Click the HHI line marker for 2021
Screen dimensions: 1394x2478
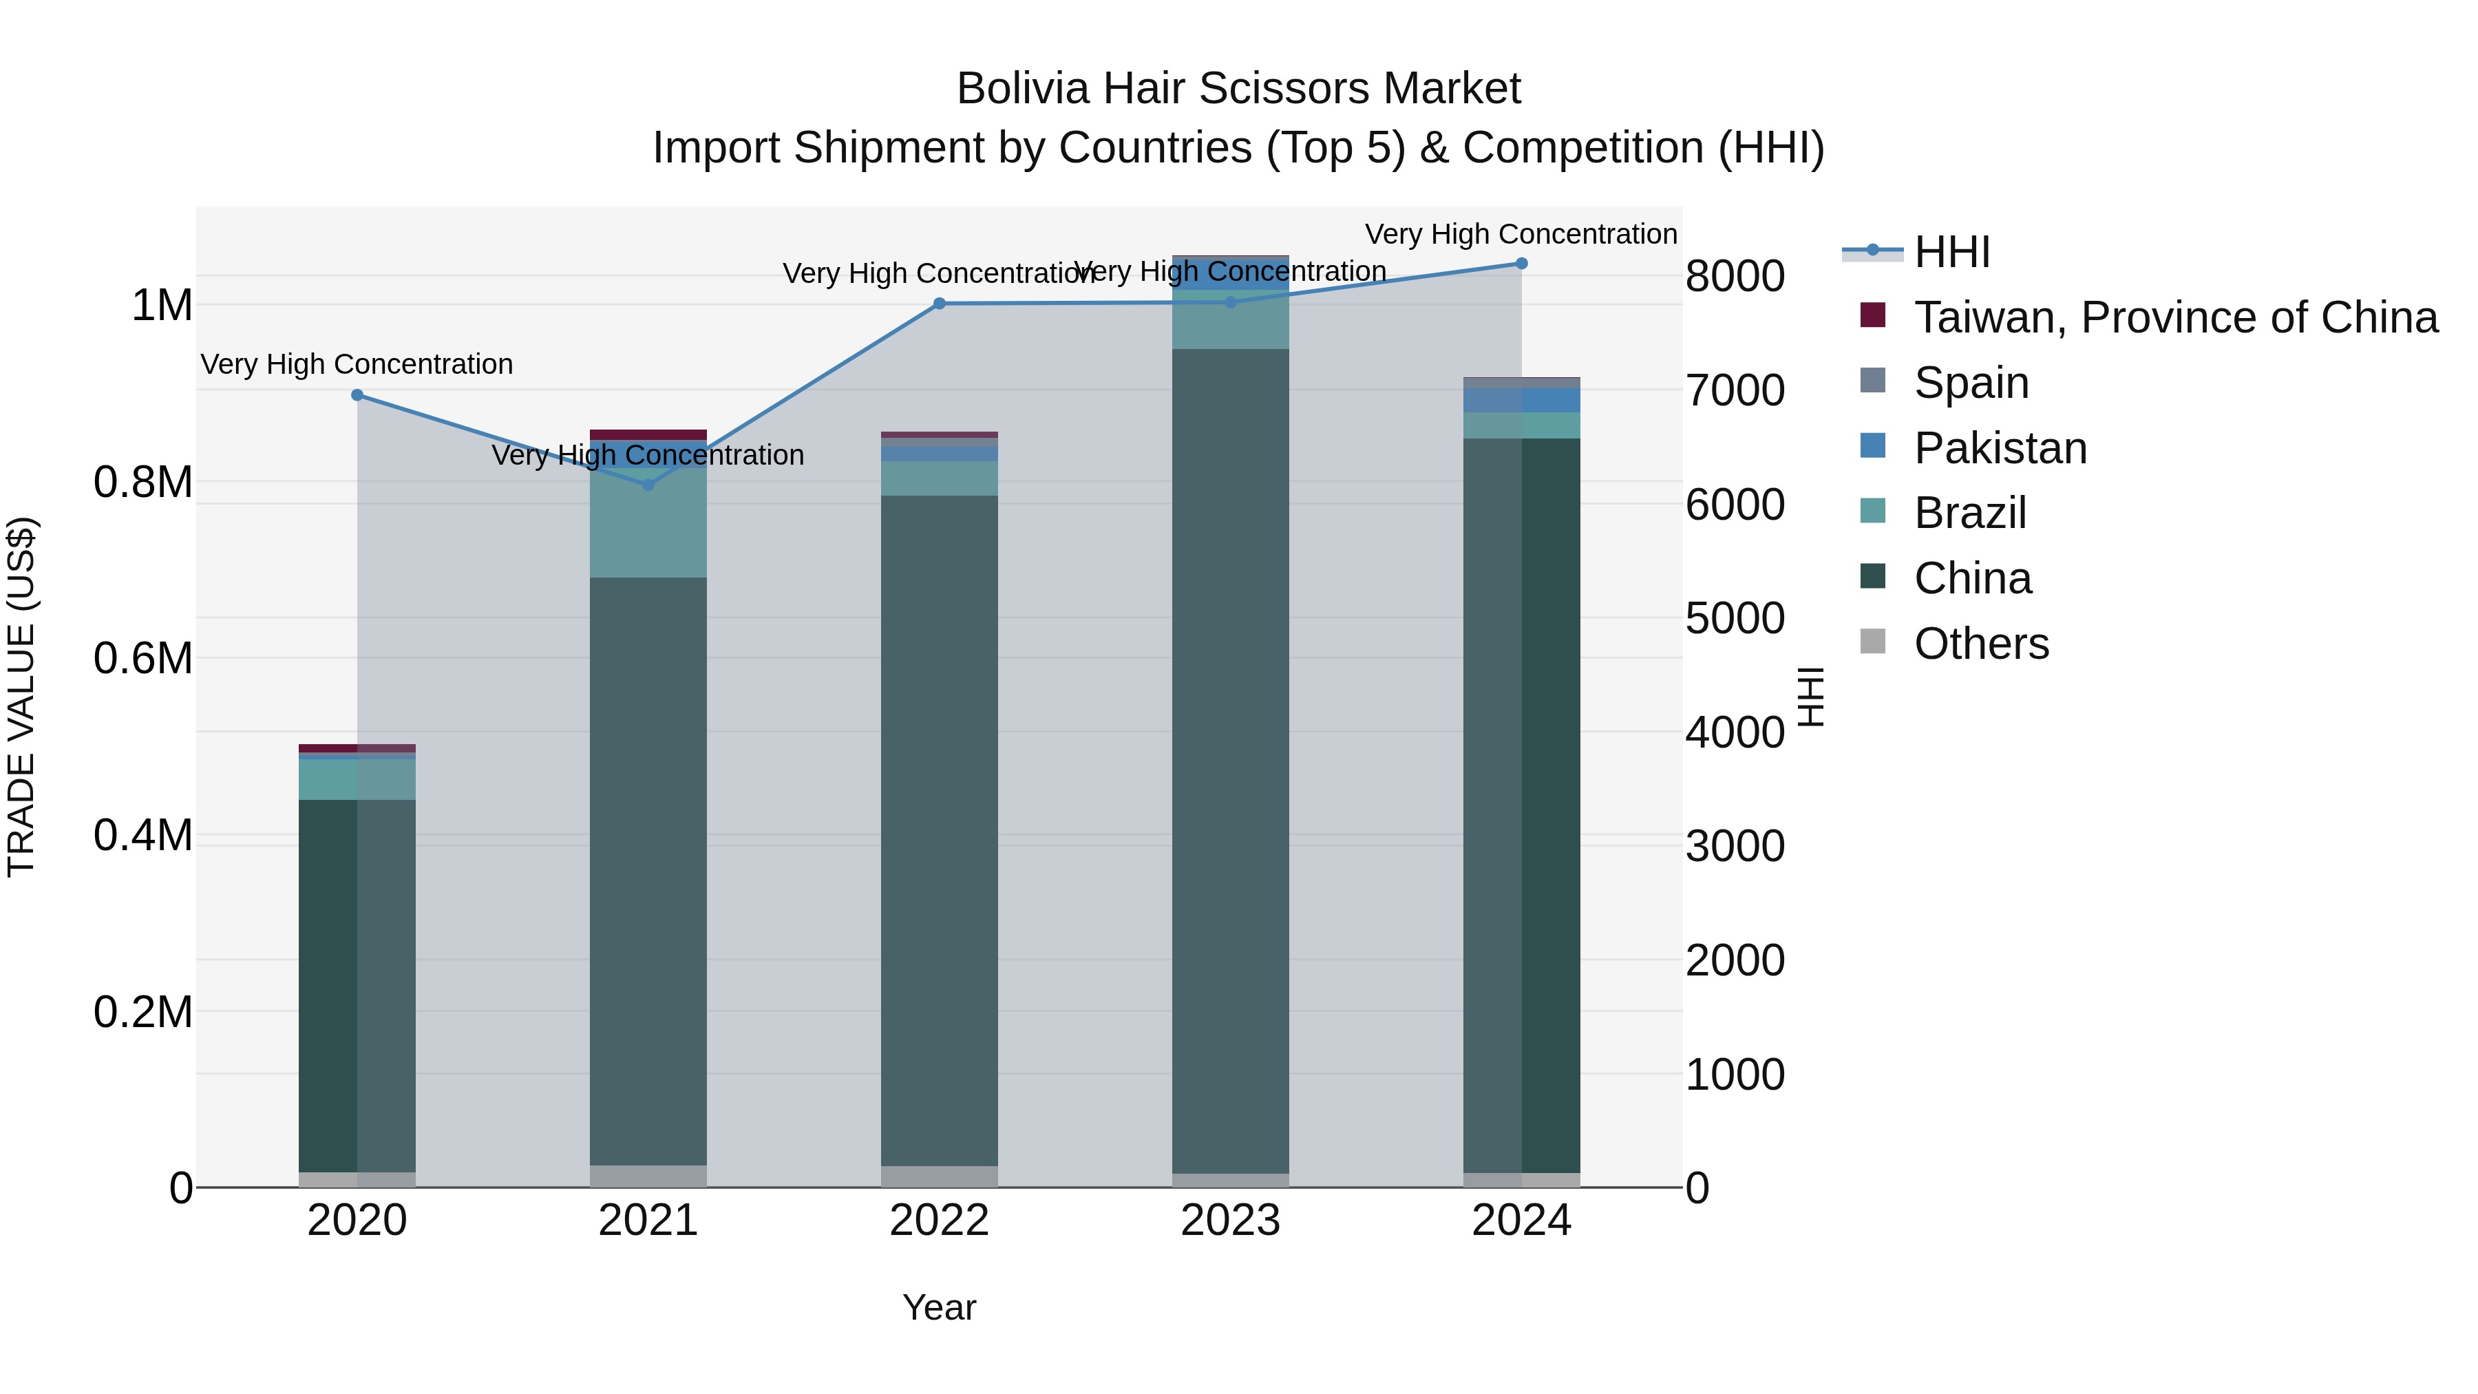(x=648, y=485)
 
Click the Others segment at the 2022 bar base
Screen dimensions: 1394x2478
(x=939, y=1176)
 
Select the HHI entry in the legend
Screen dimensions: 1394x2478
(x=1952, y=252)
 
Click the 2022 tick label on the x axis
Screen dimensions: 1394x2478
(x=939, y=1222)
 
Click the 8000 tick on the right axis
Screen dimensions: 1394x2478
(x=1735, y=276)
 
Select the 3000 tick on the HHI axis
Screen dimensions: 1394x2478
(x=1735, y=847)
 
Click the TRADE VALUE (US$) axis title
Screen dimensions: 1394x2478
(x=21, y=697)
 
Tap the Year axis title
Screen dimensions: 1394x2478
(x=939, y=1307)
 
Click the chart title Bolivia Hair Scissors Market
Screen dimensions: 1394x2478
(x=1238, y=89)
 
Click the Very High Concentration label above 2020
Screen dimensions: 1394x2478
(x=357, y=365)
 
